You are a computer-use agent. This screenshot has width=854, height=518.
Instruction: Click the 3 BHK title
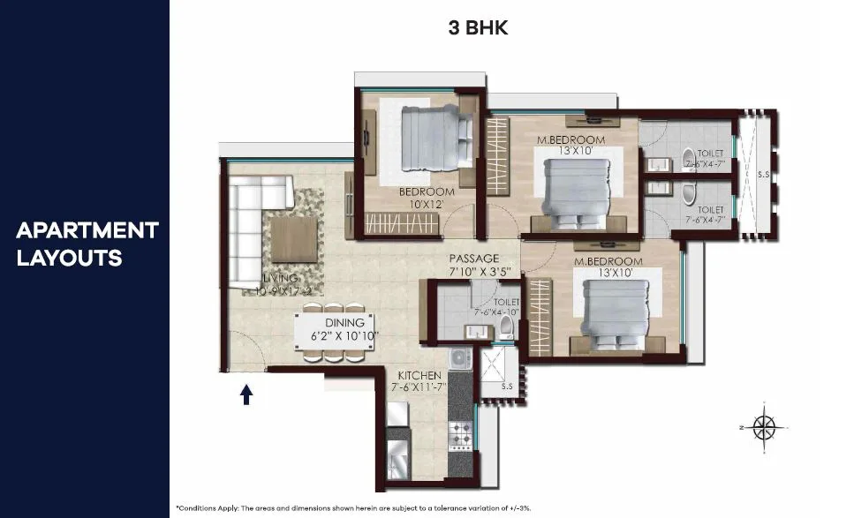pyautogui.click(x=478, y=28)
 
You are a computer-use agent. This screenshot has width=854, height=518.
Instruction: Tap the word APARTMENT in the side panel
pyautogui.click(x=87, y=231)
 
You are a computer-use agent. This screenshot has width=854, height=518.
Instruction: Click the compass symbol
pyautogui.click(x=765, y=426)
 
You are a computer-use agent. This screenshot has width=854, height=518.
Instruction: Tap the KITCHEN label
pyautogui.click(x=419, y=375)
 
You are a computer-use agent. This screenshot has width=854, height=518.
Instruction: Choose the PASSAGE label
pyautogui.click(x=475, y=258)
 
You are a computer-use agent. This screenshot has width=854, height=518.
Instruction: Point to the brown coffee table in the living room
pyautogui.click(x=295, y=239)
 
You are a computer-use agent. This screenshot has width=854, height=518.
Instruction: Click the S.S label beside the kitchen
pyautogui.click(x=506, y=386)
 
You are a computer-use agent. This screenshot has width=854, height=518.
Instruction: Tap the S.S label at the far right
pyautogui.click(x=762, y=175)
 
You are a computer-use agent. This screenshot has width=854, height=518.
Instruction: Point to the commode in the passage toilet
pyautogui.click(x=506, y=328)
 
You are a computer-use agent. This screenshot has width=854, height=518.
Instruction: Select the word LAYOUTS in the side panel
pyautogui.click(x=69, y=259)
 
